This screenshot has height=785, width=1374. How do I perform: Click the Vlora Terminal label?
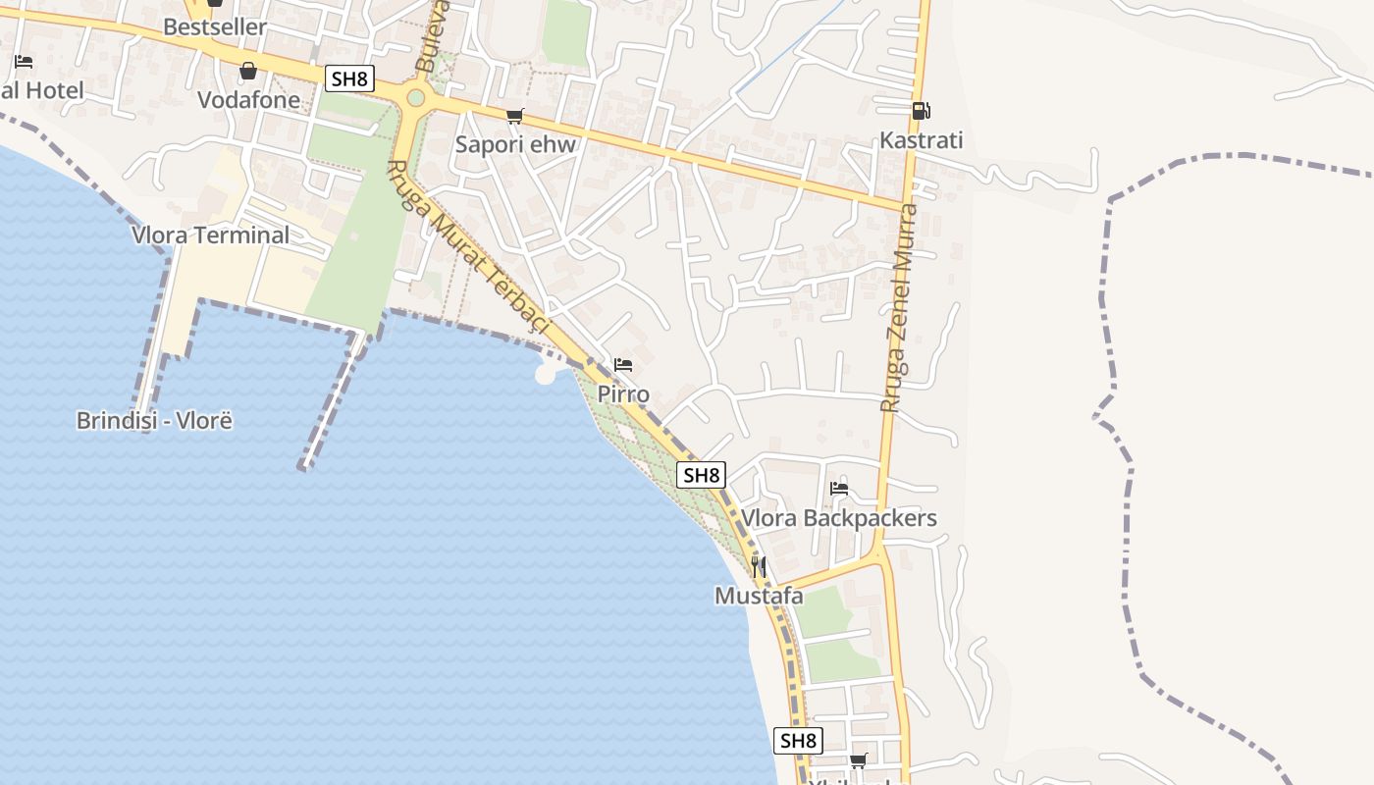pyautogui.click(x=211, y=235)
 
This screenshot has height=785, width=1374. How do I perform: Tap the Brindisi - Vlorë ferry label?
pyautogui.click(x=154, y=421)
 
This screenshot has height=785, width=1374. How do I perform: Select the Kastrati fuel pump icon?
pyautogui.click(x=920, y=111)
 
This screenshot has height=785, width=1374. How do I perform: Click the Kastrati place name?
pyautogui.click(x=921, y=140)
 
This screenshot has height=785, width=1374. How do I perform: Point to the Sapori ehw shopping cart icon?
pyautogui.click(x=514, y=117)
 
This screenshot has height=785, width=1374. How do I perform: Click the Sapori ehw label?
pyautogui.click(x=515, y=145)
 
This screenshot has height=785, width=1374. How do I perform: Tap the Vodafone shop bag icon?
pyautogui.click(x=248, y=71)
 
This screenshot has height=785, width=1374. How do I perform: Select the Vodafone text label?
pyautogui.click(x=248, y=100)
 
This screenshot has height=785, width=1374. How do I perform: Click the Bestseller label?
pyautogui.click(x=215, y=27)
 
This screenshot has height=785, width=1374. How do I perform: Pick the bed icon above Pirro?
pyautogui.click(x=623, y=365)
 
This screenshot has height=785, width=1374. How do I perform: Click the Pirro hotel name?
pyautogui.click(x=623, y=394)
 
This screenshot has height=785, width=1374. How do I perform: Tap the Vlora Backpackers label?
pyautogui.click(x=839, y=518)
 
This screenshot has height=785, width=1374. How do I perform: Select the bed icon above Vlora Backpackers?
pyautogui.click(x=839, y=488)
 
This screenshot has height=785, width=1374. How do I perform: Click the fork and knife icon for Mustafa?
pyautogui.click(x=758, y=566)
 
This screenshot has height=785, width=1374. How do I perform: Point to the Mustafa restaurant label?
pyautogui.click(x=759, y=596)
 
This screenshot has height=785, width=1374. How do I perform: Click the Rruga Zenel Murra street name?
pyautogui.click(x=900, y=306)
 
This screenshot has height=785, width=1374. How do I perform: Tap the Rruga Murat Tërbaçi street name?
pyautogui.click(x=470, y=249)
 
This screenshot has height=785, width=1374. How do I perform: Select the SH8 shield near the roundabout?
pyautogui.click(x=349, y=78)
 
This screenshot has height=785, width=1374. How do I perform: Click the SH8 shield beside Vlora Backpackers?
pyautogui.click(x=702, y=476)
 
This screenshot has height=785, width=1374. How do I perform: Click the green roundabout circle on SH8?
pyautogui.click(x=416, y=97)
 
